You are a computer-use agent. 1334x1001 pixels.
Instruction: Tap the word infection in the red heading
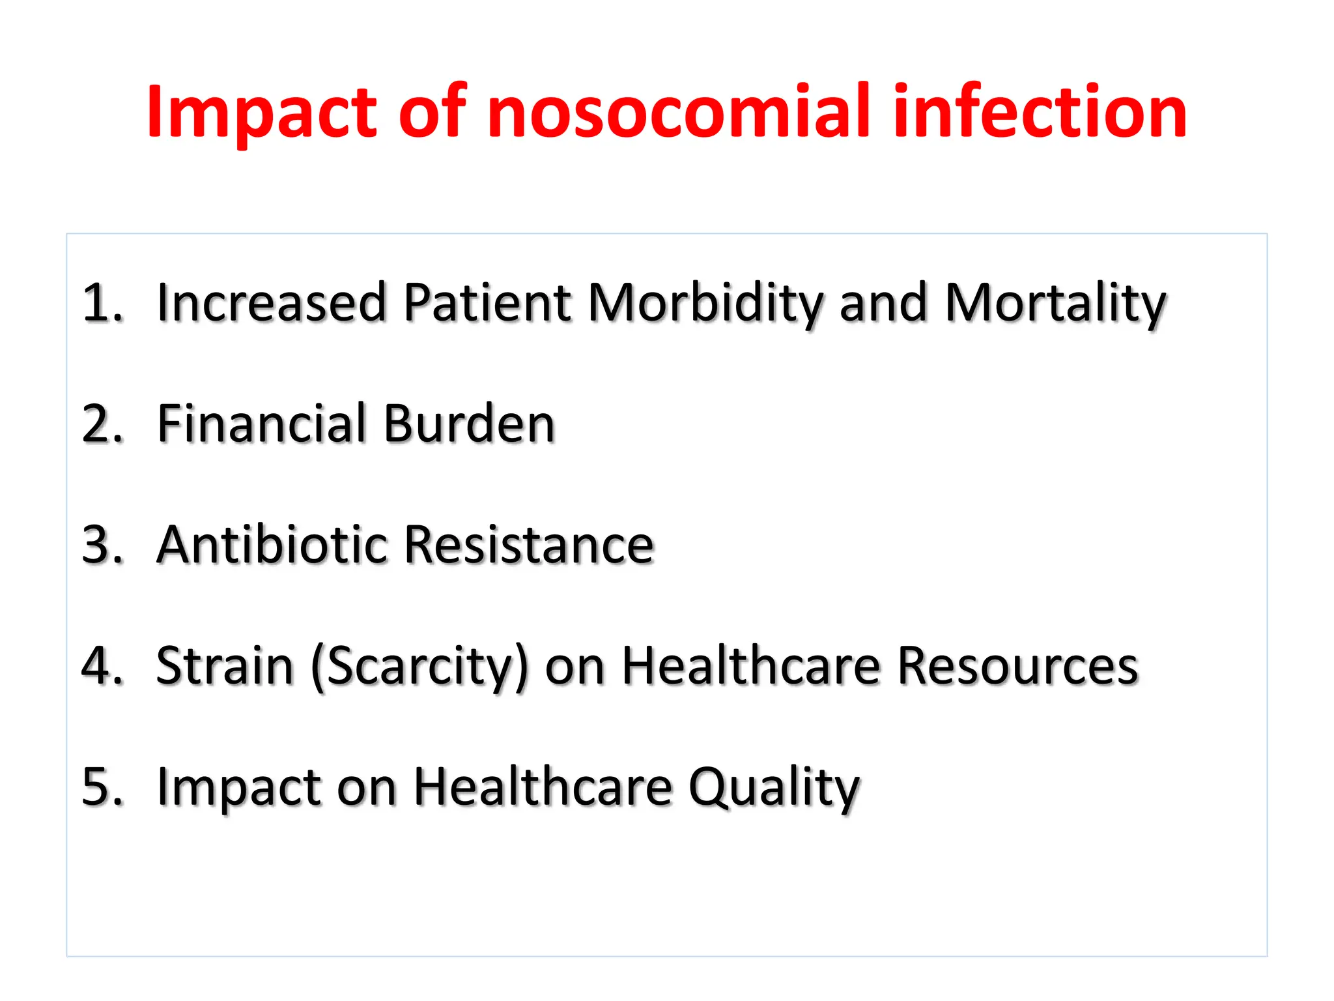[1040, 112]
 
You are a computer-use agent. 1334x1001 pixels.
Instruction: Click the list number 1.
[102, 302]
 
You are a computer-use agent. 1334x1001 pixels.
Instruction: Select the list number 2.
[102, 424]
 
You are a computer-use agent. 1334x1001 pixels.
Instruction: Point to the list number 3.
[102, 545]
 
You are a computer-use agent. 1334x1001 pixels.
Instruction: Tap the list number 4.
[102, 666]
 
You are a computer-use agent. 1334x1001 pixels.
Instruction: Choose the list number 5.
[102, 787]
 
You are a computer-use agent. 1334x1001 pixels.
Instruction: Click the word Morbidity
[705, 304]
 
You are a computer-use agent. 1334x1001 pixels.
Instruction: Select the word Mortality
[1055, 304]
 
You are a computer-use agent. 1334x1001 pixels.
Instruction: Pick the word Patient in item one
[487, 302]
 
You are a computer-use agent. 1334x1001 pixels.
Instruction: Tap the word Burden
[469, 424]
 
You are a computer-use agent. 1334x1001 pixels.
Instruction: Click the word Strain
[225, 666]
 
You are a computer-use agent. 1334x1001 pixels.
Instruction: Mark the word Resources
[1017, 666]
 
